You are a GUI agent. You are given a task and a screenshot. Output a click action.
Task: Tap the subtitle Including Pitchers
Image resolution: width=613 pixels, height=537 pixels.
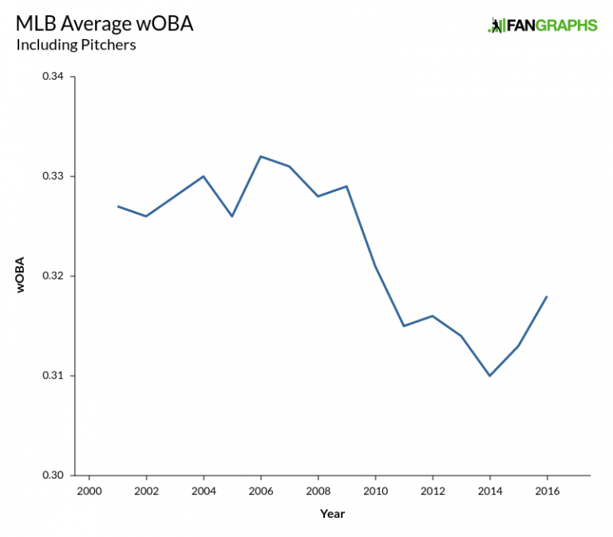point(76,45)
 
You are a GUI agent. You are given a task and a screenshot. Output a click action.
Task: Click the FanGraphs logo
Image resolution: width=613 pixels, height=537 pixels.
point(542,25)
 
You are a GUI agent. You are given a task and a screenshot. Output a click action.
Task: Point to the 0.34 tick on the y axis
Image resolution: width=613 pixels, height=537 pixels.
point(53,77)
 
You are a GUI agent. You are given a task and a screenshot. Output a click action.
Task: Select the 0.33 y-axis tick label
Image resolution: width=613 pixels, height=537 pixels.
point(53,177)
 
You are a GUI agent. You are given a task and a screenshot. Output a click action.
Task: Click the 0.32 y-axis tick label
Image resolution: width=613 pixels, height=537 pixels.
point(53,276)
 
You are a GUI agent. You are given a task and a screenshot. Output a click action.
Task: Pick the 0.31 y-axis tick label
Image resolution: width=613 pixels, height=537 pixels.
point(53,376)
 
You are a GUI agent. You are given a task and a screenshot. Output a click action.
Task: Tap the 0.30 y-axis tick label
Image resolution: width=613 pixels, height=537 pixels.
point(53,475)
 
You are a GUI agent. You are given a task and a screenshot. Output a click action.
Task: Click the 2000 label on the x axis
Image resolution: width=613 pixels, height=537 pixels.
point(89,491)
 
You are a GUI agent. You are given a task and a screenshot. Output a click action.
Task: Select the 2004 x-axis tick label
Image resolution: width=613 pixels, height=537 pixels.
point(204,491)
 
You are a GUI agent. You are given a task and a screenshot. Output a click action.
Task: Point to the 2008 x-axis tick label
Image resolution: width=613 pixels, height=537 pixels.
point(318,491)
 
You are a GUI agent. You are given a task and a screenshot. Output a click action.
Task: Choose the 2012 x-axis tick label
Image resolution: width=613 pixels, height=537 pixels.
point(433,491)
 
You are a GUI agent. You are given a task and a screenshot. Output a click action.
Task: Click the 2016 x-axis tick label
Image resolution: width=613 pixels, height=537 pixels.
point(547,491)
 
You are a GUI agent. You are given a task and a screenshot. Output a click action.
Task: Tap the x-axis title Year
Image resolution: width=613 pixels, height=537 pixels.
point(332,514)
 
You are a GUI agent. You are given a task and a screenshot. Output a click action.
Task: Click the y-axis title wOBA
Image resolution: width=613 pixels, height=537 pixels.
point(22,276)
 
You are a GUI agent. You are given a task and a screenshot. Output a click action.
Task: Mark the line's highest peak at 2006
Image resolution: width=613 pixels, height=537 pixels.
point(261,157)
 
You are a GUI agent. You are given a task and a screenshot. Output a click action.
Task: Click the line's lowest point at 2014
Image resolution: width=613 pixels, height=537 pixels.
point(489,376)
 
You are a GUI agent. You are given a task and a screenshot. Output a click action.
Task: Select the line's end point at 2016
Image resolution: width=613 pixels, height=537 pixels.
point(547,296)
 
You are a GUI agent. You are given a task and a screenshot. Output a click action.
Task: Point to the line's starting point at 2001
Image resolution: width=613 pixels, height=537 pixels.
point(117,206)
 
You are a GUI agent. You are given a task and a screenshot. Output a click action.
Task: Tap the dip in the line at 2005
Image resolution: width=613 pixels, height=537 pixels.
point(232,217)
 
